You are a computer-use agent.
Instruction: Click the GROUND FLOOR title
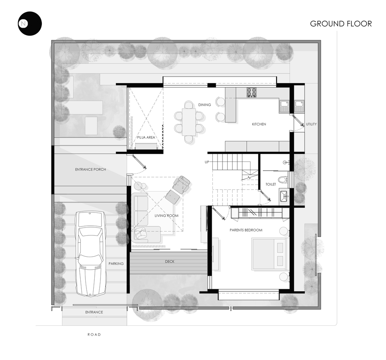[341, 24]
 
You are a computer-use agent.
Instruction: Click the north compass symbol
[30, 24]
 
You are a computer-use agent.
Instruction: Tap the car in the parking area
[91, 253]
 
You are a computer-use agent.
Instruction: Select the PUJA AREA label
[146, 137]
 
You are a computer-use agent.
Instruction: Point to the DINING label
[205, 104]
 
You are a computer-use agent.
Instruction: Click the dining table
[189, 122]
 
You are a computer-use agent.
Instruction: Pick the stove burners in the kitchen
[252, 93]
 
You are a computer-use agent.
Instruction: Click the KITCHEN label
[259, 124]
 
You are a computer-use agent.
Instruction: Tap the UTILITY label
[311, 124]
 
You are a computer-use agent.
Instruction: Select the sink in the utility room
[299, 105]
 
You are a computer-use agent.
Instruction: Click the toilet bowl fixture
[284, 179]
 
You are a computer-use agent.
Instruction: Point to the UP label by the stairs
[207, 162]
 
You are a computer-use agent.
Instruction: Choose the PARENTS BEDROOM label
[246, 230]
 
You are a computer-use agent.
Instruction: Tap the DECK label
[170, 261]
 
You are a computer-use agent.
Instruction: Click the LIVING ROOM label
[166, 216]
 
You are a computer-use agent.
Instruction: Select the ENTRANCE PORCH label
[91, 169]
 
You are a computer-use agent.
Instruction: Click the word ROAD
[94, 334]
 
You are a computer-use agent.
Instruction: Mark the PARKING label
[116, 264]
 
